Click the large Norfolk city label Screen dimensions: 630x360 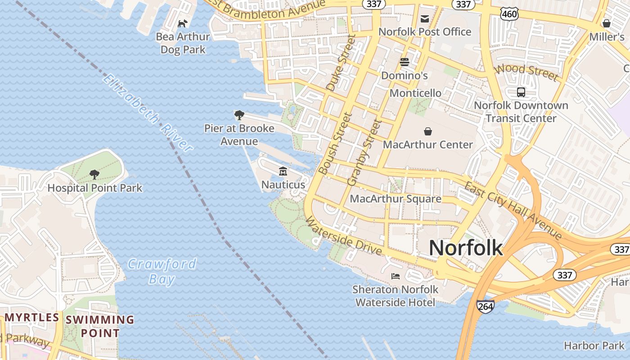pos(465,248)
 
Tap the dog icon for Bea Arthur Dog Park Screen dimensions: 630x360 pos(183,23)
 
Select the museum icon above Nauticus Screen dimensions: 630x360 pos(283,171)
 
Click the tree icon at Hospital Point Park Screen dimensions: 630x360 pos(94,174)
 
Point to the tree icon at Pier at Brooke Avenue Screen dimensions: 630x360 pos(239,115)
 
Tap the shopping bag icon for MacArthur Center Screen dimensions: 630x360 pos(428,131)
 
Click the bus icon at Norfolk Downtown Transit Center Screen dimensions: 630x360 pos(521,92)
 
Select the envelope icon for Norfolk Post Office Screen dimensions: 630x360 pos(424,18)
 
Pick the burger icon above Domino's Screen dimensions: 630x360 pos(405,62)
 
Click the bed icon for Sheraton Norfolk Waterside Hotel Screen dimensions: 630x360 pos(396,276)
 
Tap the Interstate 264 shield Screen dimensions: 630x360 pos(486,306)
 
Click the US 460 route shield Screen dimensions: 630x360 pos(510,14)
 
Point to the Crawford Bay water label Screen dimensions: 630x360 pos(162,271)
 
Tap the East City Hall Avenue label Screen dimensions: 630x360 pos(513,211)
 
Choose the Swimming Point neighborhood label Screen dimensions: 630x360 pos(100,326)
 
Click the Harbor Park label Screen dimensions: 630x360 pos(594,346)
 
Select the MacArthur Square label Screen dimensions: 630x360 pos(395,198)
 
